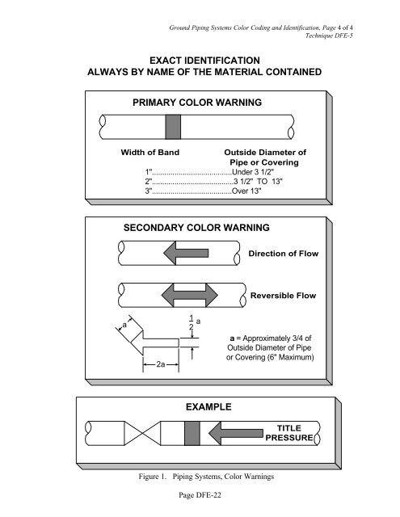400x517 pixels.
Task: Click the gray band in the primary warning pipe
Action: tap(173, 127)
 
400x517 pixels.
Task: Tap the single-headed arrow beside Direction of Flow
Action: tap(186, 253)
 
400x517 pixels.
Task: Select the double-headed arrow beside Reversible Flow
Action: tap(190, 295)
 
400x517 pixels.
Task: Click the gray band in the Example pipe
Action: tap(192, 433)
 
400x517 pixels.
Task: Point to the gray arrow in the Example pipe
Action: tap(236, 433)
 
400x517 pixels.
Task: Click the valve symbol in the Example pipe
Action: tap(142, 433)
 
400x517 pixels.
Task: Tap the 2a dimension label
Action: tap(161, 364)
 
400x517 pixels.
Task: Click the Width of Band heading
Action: tap(150, 153)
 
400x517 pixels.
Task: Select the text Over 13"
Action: tap(246, 191)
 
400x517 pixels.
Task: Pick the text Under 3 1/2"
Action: tap(253, 172)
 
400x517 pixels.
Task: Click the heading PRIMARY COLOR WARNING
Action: tap(197, 103)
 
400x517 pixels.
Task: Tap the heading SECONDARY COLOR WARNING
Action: tap(196, 228)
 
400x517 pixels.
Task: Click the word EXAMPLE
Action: tap(208, 407)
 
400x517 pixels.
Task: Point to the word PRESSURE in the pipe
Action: tap(289, 438)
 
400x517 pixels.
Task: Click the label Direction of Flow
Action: tap(284, 254)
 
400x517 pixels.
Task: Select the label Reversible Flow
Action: tap(284, 296)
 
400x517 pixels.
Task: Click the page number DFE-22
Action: tap(208, 495)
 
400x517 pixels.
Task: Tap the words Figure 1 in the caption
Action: tap(152, 477)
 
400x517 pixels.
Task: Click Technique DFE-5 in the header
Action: tap(329, 36)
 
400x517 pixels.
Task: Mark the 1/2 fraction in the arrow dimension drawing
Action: tap(192, 323)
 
